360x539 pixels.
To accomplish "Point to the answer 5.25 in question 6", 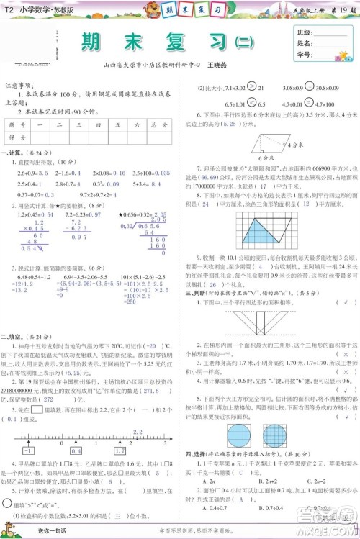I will click(x=234, y=124).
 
